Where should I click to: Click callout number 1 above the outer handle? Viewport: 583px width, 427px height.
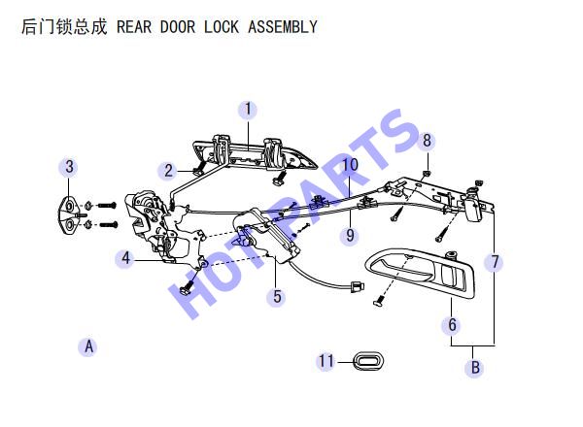pyautogui.click(x=248, y=110)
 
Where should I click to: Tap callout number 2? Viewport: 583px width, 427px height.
pyautogui.click(x=168, y=171)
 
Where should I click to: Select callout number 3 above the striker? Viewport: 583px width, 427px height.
pyautogui.click(x=69, y=167)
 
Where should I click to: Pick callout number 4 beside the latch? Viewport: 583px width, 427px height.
pyautogui.click(x=126, y=258)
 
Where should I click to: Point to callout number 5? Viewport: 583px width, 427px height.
pyautogui.click(x=277, y=297)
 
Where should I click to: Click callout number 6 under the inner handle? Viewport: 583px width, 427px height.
pyautogui.click(x=452, y=325)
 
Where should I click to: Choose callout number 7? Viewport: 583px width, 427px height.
pyautogui.click(x=495, y=262)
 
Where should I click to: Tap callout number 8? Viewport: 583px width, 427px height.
pyautogui.click(x=427, y=141)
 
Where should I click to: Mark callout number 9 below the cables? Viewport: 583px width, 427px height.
pyautogui.click(x=350, y=236)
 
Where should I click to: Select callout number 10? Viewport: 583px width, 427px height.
pyautogui.click(x=350, y=164)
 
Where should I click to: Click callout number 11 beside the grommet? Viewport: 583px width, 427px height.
pyautogui.click(x=326, y=361)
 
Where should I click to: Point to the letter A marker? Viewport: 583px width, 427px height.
pyautogui.click(x=88, y=346)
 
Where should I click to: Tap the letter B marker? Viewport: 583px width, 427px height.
pyautogui.click(x=475, y=368)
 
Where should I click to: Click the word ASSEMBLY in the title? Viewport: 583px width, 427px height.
pyautogui.click(x=283, y=27)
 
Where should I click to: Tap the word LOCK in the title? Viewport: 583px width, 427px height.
pyautogui.click(x=222, y=27)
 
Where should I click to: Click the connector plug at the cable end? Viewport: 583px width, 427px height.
pyautogui.click(x=357, y=287)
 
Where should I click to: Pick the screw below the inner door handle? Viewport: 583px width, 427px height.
pyautogui.click(x=379, y=301)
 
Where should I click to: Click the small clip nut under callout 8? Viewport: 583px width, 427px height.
pyautogui.click(x=427, y=173)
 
